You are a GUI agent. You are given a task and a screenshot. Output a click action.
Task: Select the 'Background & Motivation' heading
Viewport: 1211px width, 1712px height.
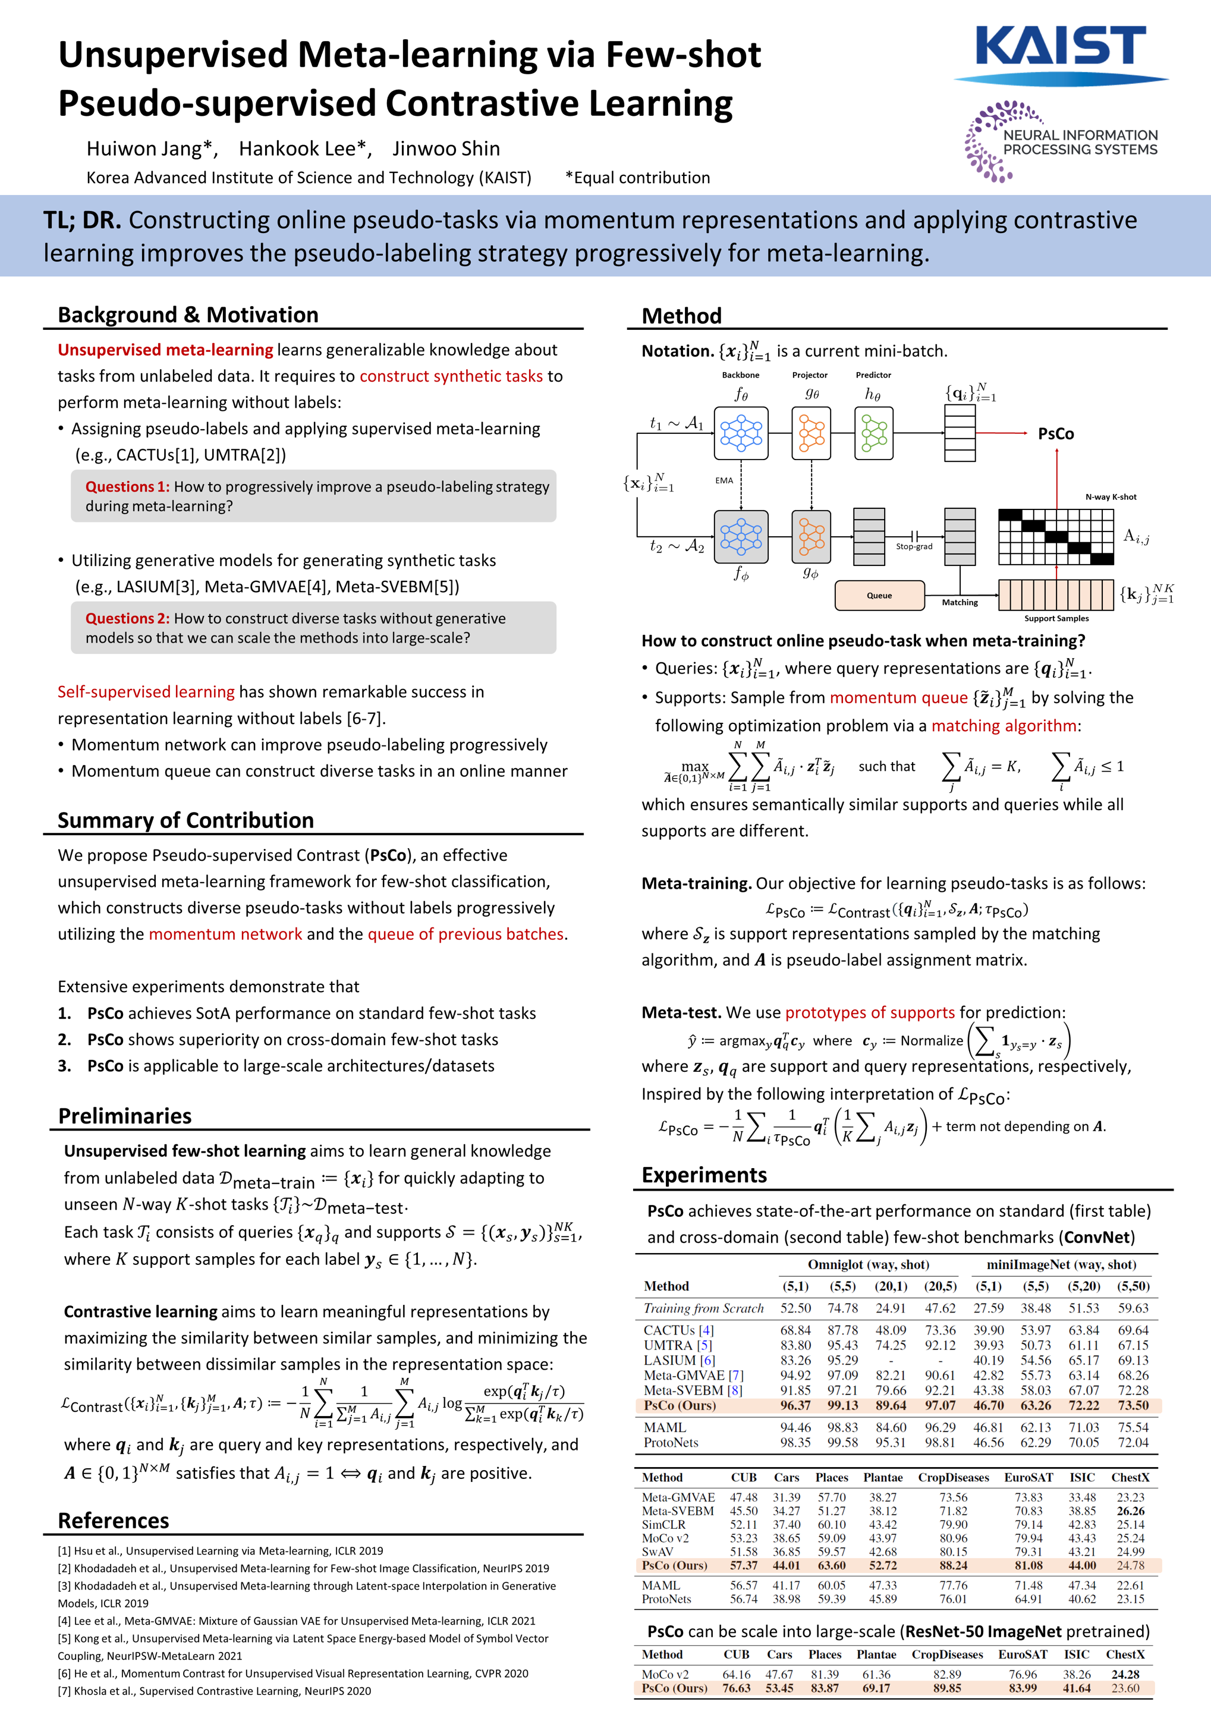coord(188,314)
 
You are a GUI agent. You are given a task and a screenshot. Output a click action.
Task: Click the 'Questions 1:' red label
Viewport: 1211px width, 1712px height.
coord(127,487)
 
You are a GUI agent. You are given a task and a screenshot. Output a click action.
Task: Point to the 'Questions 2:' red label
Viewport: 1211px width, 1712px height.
coord(127,618)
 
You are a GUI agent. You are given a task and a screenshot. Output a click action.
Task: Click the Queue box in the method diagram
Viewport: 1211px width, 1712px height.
coord(879,595)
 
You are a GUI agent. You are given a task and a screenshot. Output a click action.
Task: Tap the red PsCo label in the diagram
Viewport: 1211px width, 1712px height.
coord(1055,434)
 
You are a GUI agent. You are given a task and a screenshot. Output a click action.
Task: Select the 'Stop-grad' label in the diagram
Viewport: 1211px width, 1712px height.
coord(914,546)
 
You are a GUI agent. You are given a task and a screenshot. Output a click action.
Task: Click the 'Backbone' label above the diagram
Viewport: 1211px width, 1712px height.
coord(741,375)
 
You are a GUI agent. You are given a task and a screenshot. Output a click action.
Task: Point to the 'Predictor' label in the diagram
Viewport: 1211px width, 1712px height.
coord(873,375)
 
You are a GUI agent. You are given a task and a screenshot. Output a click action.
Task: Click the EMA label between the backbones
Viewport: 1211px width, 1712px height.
coord(724,481)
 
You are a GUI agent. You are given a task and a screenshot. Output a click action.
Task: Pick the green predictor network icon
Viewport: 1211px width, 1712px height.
coord(873,433)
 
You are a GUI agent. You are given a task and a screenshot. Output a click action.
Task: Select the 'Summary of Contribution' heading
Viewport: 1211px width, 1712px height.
coord(185,820)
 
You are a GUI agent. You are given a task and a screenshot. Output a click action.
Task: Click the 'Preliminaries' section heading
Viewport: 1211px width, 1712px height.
coord(124,1116)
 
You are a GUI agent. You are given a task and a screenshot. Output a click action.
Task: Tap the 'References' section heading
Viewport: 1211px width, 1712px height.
coord(114,1521)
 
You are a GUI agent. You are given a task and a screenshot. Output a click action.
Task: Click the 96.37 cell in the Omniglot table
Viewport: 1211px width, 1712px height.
coord(795,1405)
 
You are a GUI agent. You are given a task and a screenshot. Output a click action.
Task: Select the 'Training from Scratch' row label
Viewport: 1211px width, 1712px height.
coord(703,1308)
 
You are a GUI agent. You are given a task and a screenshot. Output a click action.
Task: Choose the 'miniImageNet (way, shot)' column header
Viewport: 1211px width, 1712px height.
coord(1061,1264)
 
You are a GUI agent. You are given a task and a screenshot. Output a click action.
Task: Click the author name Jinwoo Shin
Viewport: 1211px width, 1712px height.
coord(446,149)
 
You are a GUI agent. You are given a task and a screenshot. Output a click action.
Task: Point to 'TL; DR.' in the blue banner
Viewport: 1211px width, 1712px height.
coord(81,220)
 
